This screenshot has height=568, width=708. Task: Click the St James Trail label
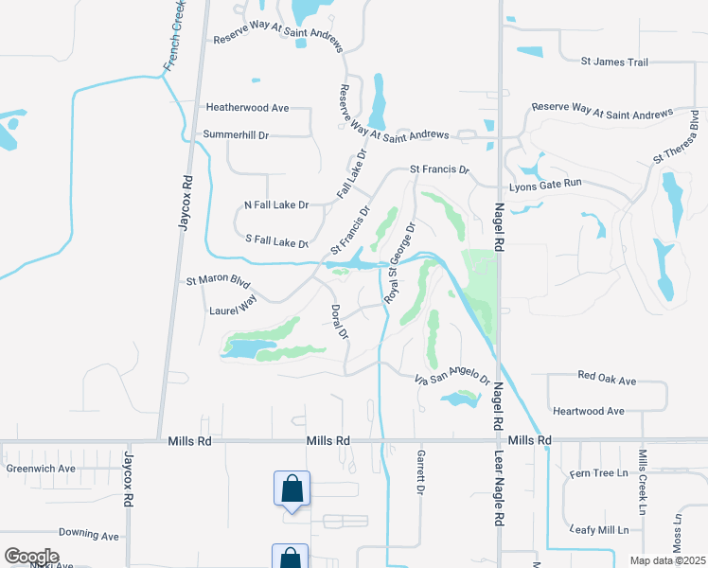(614, 62)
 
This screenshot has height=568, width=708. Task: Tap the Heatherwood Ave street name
(247, 109)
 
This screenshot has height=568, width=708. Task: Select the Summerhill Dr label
(237, 135)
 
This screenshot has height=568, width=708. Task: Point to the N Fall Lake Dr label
(276, 204)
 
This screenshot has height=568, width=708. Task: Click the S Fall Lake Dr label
(277, 240)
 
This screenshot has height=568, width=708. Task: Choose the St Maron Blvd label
(218, 281)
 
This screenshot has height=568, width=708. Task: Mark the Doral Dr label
(341, 323)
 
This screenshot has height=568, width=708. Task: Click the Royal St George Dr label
(400, 263)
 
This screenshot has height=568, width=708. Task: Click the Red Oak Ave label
(607, 377)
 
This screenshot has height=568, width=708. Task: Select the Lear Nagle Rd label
(498, 488)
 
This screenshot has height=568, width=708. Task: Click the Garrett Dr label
(417, 471)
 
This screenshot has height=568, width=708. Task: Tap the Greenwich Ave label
(41, 468)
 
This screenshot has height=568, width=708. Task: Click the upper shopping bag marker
(292, 489)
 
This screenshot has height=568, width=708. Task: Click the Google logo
(31, 557)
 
